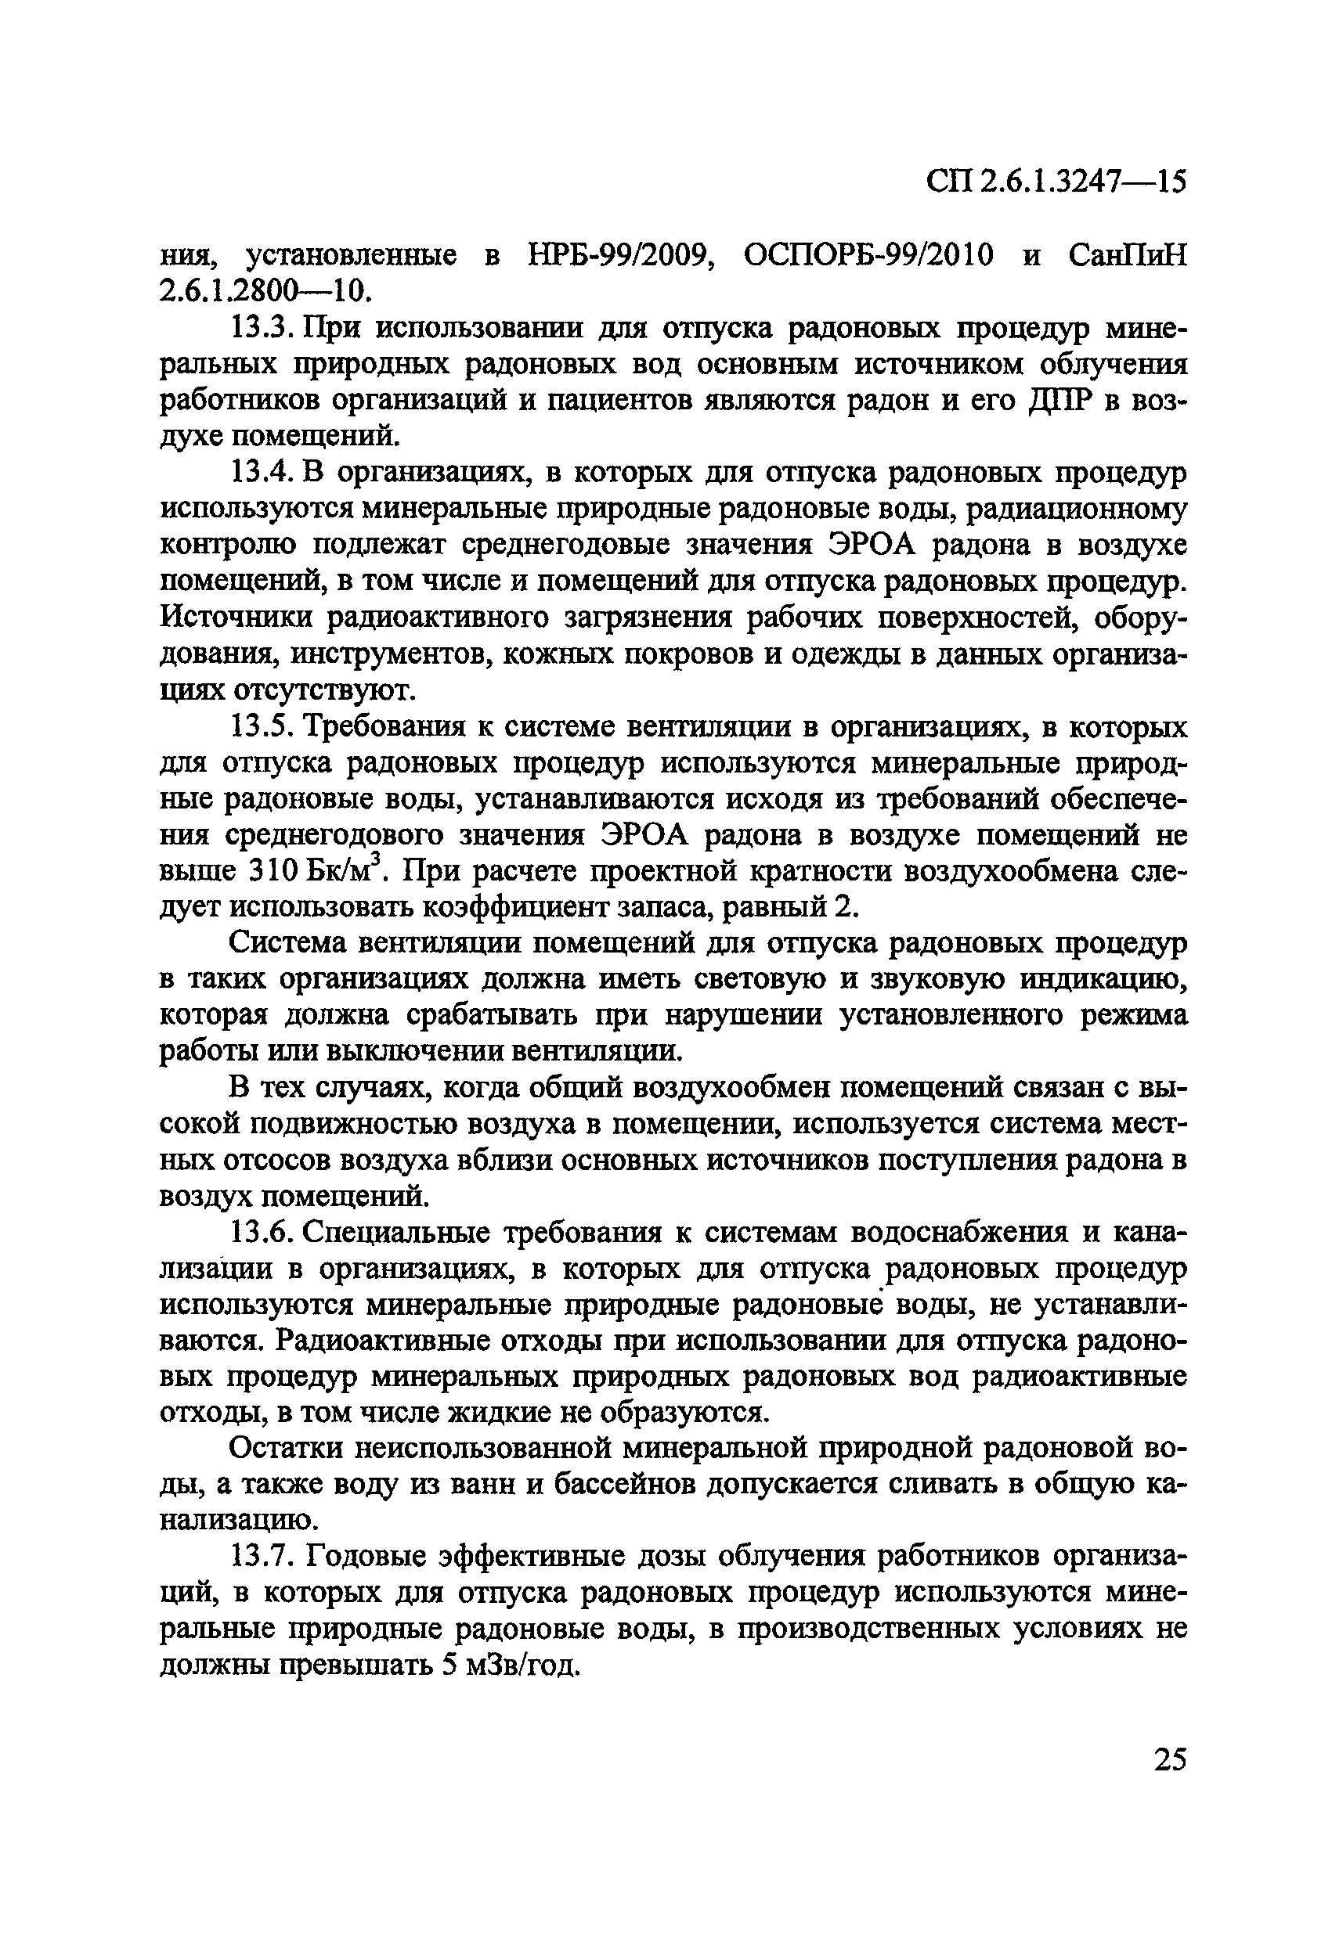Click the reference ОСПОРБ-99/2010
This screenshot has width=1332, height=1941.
(868, 254)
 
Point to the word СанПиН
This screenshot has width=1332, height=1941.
(1128, 254)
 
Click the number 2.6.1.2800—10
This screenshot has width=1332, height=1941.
(263, 290)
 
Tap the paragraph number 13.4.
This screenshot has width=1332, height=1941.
(261, 473)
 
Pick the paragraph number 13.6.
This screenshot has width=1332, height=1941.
(261, 1233)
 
